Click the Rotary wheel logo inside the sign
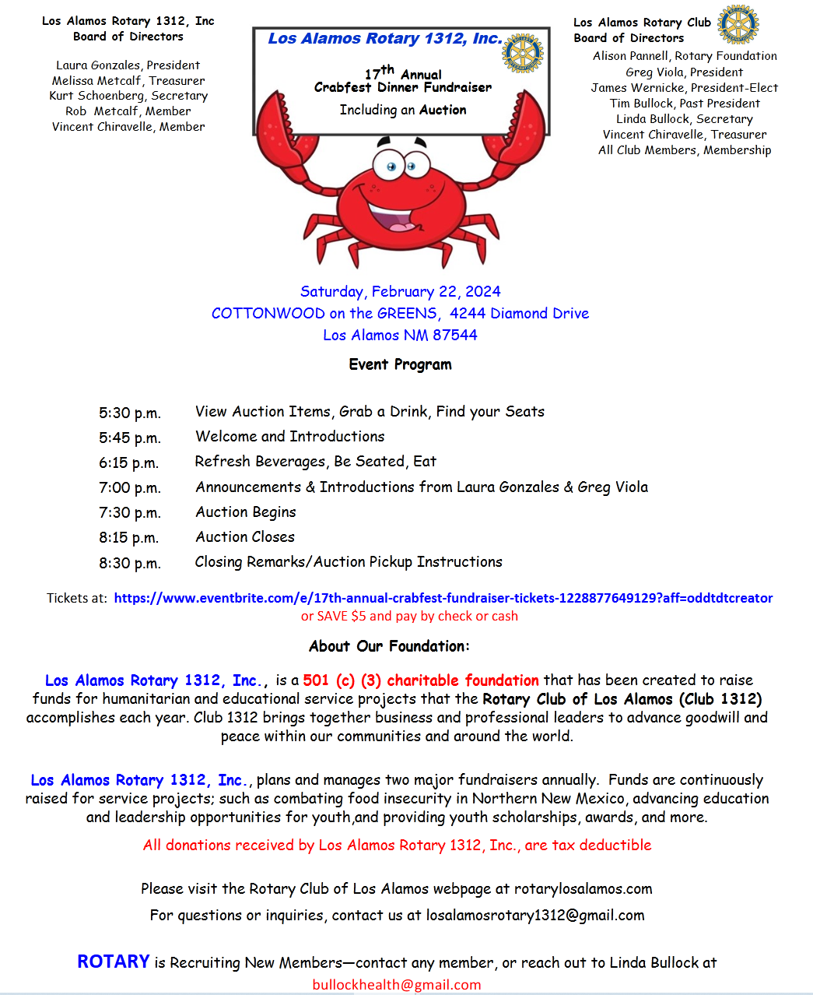523,53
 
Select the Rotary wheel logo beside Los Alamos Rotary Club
738,24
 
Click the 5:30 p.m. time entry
130,413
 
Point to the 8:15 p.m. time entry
130,538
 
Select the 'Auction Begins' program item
246,512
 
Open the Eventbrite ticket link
443,598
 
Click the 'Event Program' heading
400,364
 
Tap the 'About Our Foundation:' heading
389,646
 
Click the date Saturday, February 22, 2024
400,292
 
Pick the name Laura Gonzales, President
128,65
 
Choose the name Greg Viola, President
684,72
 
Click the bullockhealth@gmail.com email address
397,985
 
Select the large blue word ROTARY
114,962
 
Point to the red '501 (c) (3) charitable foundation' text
421,680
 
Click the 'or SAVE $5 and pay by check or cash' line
409,617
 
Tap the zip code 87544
455,336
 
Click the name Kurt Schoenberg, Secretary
128,96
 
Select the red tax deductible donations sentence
397,846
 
